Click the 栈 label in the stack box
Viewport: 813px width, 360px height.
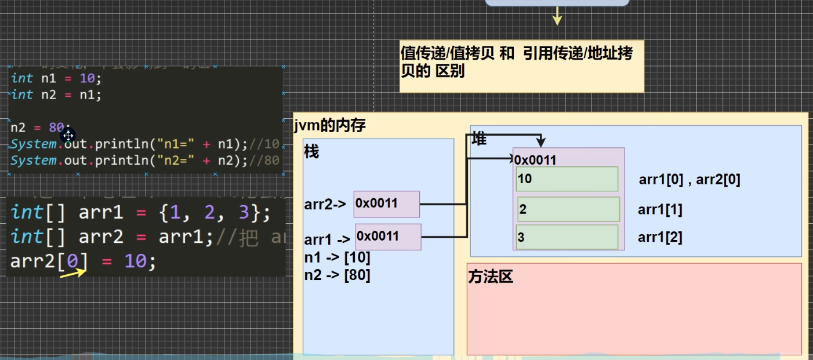tap(311, 152)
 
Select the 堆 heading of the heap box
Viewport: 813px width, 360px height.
tap(479, 140)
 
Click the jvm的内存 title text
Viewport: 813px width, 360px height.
tap(330, 125)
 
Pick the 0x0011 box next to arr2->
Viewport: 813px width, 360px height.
tap(386, 204)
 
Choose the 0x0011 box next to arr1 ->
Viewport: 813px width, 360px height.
tap(388, 237)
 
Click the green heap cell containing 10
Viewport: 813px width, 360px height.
tap(567, 179)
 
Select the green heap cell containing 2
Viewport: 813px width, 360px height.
tap(568, 209)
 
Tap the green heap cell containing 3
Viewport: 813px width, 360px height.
tap(567, 237)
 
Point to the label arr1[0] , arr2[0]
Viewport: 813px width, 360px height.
tap(689, 180)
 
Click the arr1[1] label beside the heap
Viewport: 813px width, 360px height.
tap(660, 210)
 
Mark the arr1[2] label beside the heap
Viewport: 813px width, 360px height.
tap(660, 237)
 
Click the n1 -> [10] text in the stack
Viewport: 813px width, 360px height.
tap(337, 257)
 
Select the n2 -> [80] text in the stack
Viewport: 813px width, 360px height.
tap(337, 275)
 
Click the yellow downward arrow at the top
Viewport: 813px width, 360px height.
tap(557, 16)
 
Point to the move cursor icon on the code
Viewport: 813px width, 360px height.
tap(68, 136)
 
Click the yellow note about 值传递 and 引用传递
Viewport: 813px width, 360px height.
tap(521, 66)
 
